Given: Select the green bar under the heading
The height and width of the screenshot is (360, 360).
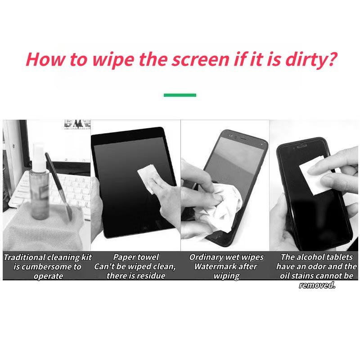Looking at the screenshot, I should coord(180,95).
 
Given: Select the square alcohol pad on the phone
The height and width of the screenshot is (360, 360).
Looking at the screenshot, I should coord(312,173).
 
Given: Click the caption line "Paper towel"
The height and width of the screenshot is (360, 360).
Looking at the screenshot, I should coord(136,257).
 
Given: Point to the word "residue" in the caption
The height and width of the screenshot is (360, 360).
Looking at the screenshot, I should coord(150,276).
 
